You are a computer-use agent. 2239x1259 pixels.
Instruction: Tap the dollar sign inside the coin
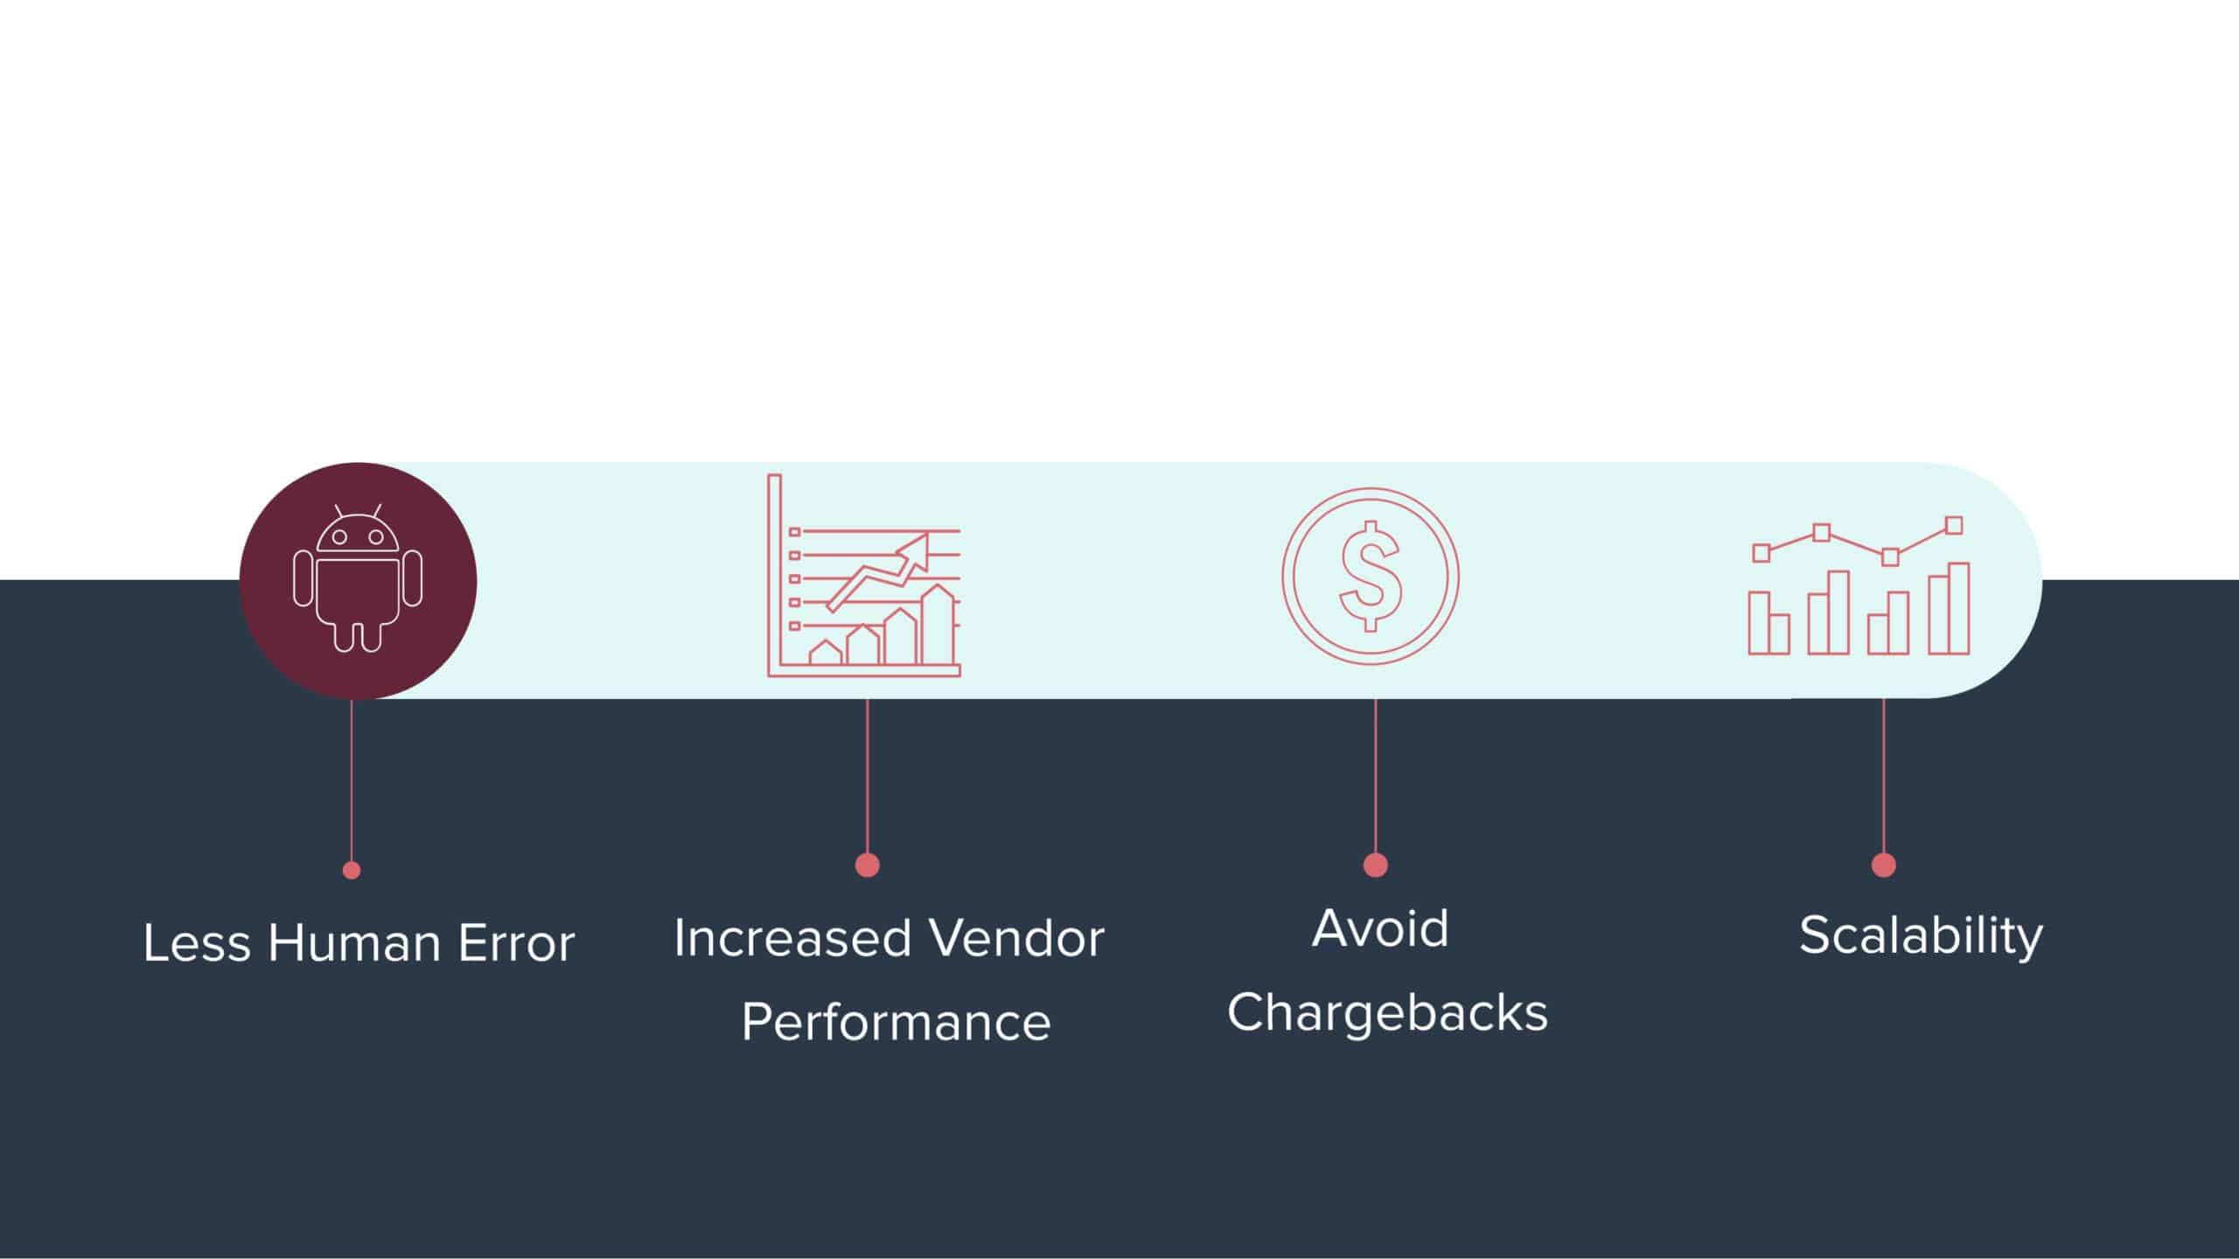tap(1371, 577)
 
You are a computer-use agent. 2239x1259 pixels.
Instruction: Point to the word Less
tap(197, 943)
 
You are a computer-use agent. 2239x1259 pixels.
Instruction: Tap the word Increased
tap(792, 938)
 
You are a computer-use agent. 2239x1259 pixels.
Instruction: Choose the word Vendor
tap(1016, 938)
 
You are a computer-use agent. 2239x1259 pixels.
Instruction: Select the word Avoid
tap(1380, 927)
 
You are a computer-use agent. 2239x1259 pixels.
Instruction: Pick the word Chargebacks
tap(1387, 1013)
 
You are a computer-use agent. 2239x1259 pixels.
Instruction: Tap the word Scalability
tap(1921, 936)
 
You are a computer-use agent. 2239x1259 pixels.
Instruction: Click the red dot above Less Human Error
tap(352, 870)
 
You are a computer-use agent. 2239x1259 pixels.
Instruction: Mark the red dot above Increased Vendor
tap(867, 864)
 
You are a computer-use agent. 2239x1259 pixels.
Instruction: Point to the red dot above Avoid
tap(1375, 864)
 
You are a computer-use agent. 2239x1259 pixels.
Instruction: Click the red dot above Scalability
tap(1883, 864)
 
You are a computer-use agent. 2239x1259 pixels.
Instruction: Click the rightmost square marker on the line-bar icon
tap(1954, 525)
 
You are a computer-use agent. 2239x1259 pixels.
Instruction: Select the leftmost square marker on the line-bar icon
tap(1761, 552)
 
